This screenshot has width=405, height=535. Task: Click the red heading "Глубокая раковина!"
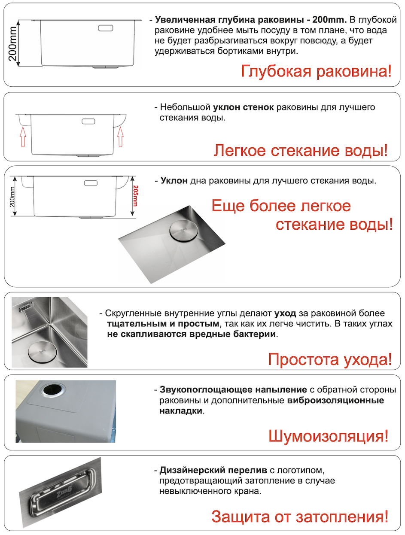[x=316, y=71]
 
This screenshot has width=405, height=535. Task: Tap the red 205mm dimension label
[x=135, y=196]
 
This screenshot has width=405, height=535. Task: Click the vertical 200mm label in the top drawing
[x=13, y=43]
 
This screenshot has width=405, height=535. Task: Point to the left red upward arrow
[x=23, y=137]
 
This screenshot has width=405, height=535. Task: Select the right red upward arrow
[x=121, y=137]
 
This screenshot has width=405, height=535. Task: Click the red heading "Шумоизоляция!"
[x=329, y=436]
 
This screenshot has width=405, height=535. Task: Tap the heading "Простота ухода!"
[x=330, y=359]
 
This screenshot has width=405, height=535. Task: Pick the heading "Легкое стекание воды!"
[x=301, y=151]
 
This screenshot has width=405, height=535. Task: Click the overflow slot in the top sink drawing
[x=106, y=28]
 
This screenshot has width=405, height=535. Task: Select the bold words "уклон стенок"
[x=244, y=107]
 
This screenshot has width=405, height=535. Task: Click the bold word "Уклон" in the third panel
[x=174, y=181]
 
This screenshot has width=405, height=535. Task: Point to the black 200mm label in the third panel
[x=13, y=196]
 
